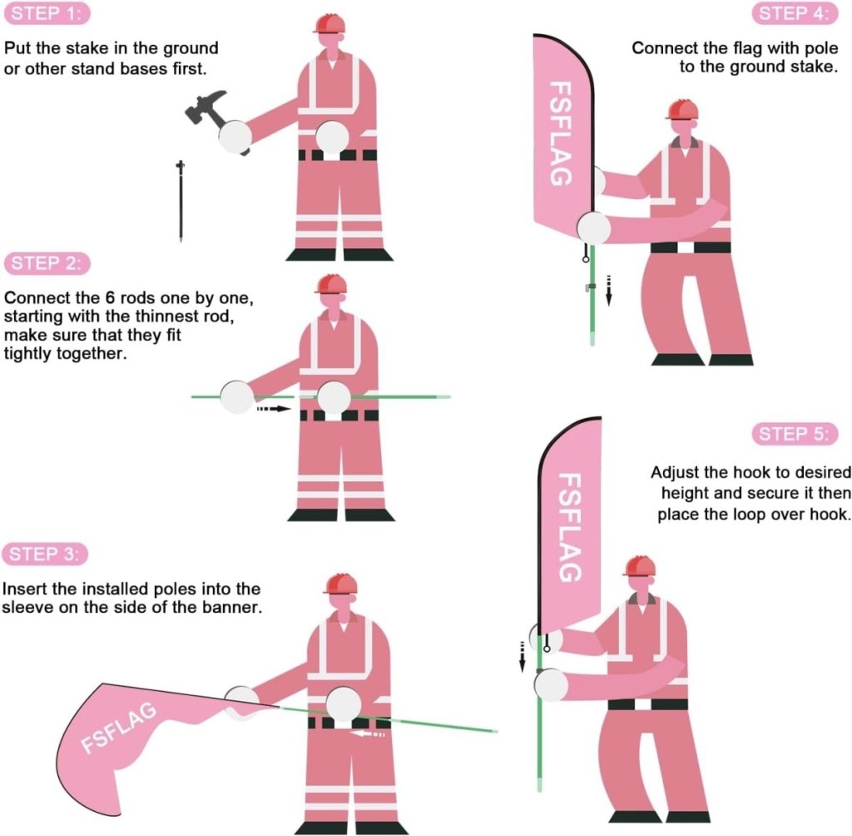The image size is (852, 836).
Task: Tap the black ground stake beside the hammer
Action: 180,201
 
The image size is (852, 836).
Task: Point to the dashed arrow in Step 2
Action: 275,409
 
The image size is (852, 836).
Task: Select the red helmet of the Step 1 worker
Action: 329,22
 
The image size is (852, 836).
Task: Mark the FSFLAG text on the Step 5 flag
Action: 568,528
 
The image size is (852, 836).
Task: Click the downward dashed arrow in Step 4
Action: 608,291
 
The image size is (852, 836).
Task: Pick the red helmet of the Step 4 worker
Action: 681,110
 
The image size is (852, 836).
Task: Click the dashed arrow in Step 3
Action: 367,734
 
